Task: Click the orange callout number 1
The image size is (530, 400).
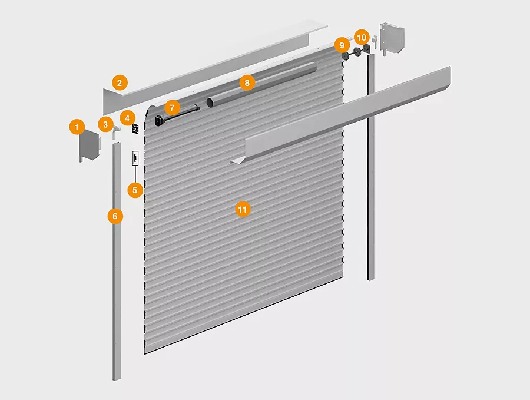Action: [77, 127]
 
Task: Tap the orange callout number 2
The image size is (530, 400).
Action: [120, 83]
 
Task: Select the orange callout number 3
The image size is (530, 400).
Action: [105, 124]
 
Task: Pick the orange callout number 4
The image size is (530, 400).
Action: [127, 118]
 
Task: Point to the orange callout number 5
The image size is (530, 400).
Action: [135, 190]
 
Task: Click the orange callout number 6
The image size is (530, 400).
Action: [115, 216]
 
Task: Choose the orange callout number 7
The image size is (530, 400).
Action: [173, 108]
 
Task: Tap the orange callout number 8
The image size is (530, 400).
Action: [247, 83]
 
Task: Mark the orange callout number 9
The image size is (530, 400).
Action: [342, 45]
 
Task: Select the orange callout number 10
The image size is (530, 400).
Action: [362, 37]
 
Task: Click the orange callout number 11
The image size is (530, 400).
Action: [243, 210]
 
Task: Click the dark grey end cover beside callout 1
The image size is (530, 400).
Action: [90, 146]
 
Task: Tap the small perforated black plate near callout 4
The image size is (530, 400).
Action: [135, 129]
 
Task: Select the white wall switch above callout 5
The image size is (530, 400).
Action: [135, 158]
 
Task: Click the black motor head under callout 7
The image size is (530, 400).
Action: [159, 121]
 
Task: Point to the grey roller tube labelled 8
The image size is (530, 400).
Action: [261, 85]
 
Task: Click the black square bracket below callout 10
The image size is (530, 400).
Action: [366, 49]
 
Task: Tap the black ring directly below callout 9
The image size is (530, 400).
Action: [346, 56]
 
